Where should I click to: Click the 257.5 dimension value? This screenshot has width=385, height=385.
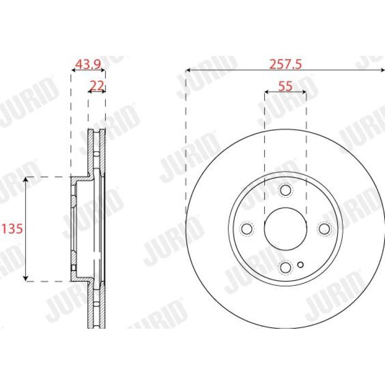pyautogui.click(x=285, y=64)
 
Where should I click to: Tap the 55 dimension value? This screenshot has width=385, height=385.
pyautogui.click(x=285, y=86)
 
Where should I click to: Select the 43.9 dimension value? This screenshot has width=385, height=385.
pyautogui.click(x=88, y=64)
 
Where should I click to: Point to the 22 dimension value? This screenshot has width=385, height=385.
pyautogui.click(x=97, y=86)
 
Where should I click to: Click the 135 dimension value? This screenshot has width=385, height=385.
pyautogui.click(x=13, y=228)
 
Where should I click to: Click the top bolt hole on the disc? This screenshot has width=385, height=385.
pyautogui.click(x=285, y=190)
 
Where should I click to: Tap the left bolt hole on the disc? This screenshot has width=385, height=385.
pyautogui.click(x=247, y=228)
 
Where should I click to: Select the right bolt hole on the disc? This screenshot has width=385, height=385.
pyautogui.click(x=324, y=228)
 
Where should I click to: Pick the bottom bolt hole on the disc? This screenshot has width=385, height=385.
pyautogui.click(x=285, y=267)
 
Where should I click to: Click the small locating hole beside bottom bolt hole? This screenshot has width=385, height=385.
pyautogui.click(x=301, y=264)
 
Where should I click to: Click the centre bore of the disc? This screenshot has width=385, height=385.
pyautogui.click(x=285, y=228)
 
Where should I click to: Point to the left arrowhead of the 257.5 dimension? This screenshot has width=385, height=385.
pyautogui.click(x=188, y=71)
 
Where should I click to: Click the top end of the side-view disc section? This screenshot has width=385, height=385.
pyautogui.click(x=96, y=131)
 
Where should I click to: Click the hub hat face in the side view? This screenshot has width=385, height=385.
pyautogui.click(x=73, y=228)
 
